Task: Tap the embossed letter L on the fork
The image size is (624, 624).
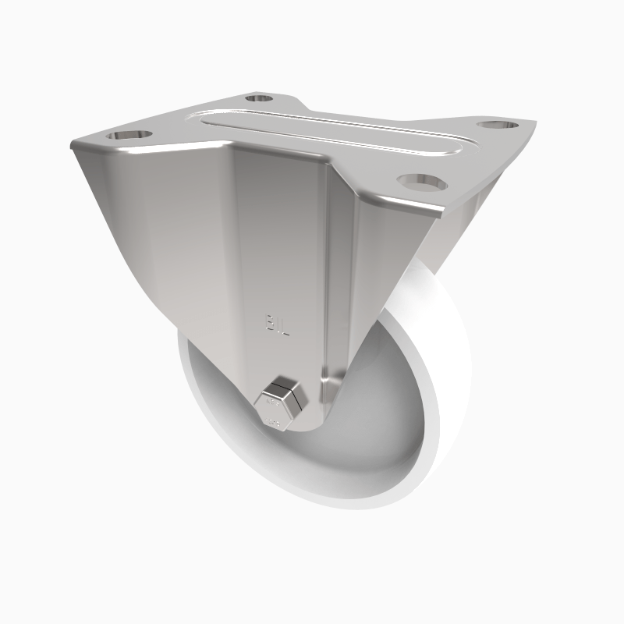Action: click(x=286, y=325)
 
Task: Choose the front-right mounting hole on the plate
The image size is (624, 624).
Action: click(x=421, y=181)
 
